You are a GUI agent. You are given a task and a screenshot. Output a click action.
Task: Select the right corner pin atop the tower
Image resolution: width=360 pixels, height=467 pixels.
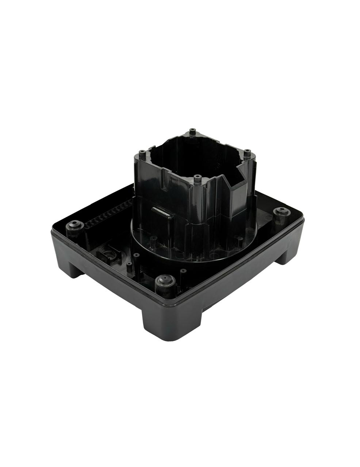point(247,151)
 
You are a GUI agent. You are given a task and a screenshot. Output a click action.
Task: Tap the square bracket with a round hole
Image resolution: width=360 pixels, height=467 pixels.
point(109,253)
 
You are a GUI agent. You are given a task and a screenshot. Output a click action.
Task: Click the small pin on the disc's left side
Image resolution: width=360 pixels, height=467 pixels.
point(154,240)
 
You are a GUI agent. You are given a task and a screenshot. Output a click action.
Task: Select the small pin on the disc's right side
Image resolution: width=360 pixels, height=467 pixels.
point(240,240)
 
